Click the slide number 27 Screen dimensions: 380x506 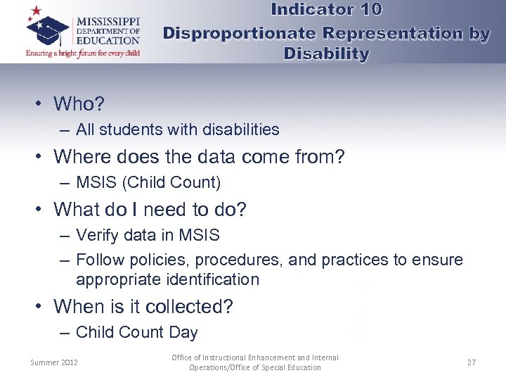click(471, 362)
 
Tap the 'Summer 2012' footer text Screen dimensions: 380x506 click(54, 362)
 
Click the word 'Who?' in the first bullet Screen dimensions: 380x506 click(79, 104)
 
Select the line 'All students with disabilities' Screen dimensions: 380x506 click(177, 129)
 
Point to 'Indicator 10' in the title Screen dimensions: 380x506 click(326, 10)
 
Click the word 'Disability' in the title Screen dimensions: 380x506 click(326, 53)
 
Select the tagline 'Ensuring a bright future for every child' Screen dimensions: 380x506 click(83, 53)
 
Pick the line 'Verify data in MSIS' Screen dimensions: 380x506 click(148, 235)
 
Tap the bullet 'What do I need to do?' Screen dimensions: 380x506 click(150, 210)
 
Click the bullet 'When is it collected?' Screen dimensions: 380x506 click(143, 307)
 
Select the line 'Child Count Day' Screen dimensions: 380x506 click(136, 332)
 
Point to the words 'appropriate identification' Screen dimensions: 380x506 click(167, 279)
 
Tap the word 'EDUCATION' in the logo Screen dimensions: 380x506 click(108, 40)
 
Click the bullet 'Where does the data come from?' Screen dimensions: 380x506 click(199, 156)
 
